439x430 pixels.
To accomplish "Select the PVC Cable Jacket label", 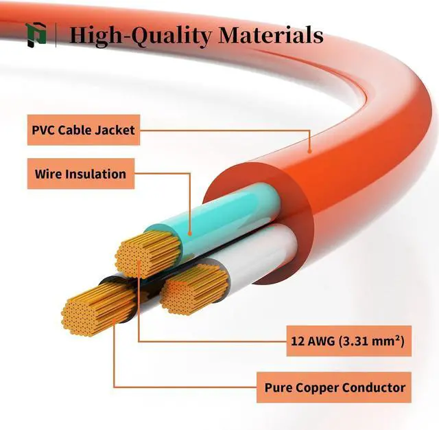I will [84, 129].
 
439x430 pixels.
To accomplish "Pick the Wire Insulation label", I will [80, 174].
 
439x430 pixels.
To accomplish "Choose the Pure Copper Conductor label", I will [335, 387].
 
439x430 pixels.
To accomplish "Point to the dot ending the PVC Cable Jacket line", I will [309, 150].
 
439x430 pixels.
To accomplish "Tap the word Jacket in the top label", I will [118, 129].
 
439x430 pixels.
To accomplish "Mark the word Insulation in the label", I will [95, 174].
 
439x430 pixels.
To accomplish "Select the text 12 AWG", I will [311, 340].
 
